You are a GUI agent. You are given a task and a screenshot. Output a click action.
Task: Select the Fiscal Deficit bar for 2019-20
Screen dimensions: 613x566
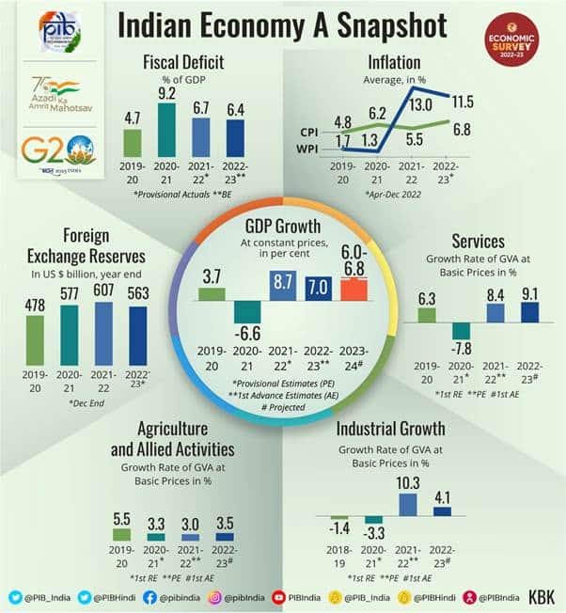tap(133, 142)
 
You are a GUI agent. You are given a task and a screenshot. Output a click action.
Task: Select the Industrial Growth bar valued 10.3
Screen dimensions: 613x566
tap(408, 504)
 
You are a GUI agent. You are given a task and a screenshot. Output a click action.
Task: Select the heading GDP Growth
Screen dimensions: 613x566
tap(283, 226)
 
